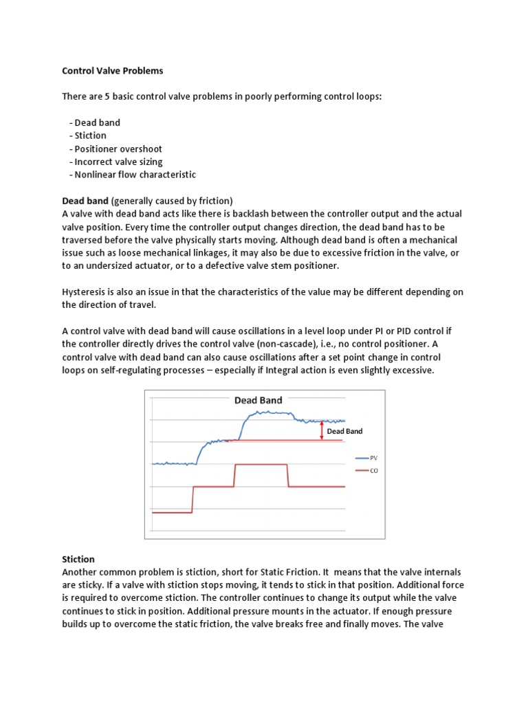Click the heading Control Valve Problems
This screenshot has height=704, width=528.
113,71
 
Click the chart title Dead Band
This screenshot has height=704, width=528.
258,400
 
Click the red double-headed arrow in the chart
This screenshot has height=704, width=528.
321,430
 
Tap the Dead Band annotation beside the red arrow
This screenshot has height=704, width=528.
344,431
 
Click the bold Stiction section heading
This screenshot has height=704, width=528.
78,560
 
